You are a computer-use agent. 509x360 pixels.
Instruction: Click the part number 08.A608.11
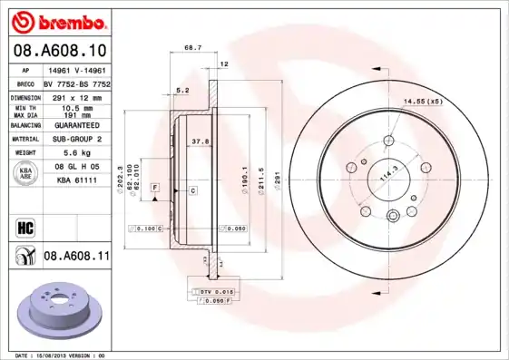pyautogui.click(x=77, y=258)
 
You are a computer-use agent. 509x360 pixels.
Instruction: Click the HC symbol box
pyautogui.click(x=24, y=226)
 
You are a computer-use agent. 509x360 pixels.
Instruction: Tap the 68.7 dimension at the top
pyautogui.click(x=192, y=47)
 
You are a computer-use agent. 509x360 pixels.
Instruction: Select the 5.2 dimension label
pyautogui.click(x=181, y=90)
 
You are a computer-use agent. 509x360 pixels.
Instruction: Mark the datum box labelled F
pyautogui.click(x=155, y=187)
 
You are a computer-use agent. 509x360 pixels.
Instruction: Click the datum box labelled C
pyautogui.click(x=193, y=190)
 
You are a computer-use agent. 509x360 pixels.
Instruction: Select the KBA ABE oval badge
pyautogui.click(x=26, y=171)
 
